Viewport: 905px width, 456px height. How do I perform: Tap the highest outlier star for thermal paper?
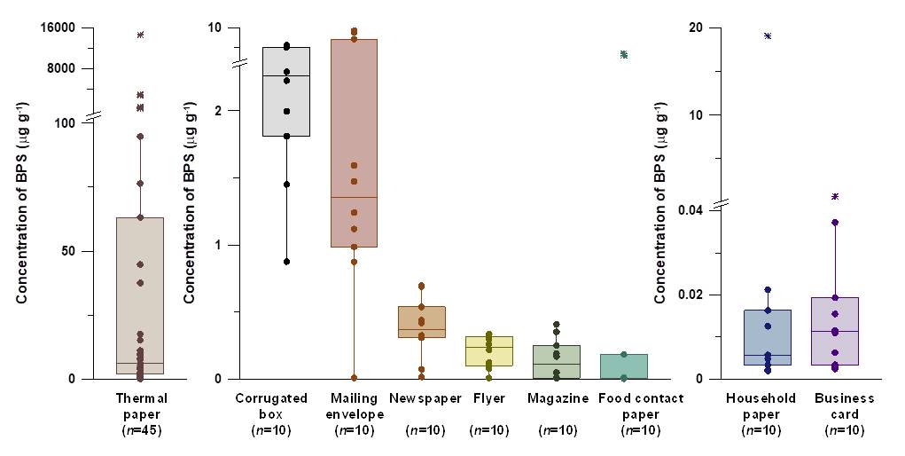[140, 35]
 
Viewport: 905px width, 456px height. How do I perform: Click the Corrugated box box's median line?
[286, 76]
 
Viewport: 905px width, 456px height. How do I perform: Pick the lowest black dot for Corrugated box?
[286, 262]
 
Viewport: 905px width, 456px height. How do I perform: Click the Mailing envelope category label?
[355, 405]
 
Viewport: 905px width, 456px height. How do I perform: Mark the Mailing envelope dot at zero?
[354, 377]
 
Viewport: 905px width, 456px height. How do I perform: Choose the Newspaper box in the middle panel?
[422, 322]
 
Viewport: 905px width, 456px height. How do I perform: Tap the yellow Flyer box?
[489, 351]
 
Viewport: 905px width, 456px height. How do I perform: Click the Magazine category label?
[558, 398]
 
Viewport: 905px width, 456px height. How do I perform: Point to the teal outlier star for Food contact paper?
[624, 55]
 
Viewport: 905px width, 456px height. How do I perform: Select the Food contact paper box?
[624, 366]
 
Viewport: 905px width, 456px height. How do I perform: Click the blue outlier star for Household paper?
[768, 36]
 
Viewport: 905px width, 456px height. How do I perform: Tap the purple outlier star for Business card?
[835, 196]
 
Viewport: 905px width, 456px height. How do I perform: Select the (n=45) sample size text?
[142, 430]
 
